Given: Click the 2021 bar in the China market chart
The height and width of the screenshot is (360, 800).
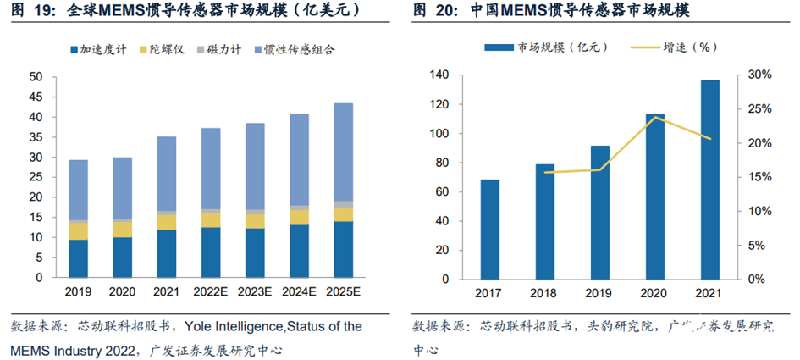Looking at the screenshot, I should click(710, 180).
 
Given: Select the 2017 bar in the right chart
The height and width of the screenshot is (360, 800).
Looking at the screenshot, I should click(490, 229).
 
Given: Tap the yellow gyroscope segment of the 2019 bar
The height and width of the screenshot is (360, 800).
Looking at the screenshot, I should click(79, 230).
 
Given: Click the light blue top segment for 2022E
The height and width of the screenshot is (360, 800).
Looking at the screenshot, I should click(212, 169).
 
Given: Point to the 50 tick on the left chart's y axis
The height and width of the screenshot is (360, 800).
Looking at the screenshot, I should click(36, 77).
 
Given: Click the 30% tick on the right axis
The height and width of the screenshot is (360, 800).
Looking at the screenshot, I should click(759, 75).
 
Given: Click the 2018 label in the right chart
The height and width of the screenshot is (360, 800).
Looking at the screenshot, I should click(545, 294).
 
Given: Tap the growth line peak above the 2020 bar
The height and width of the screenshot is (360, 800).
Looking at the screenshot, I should click(655, 117).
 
